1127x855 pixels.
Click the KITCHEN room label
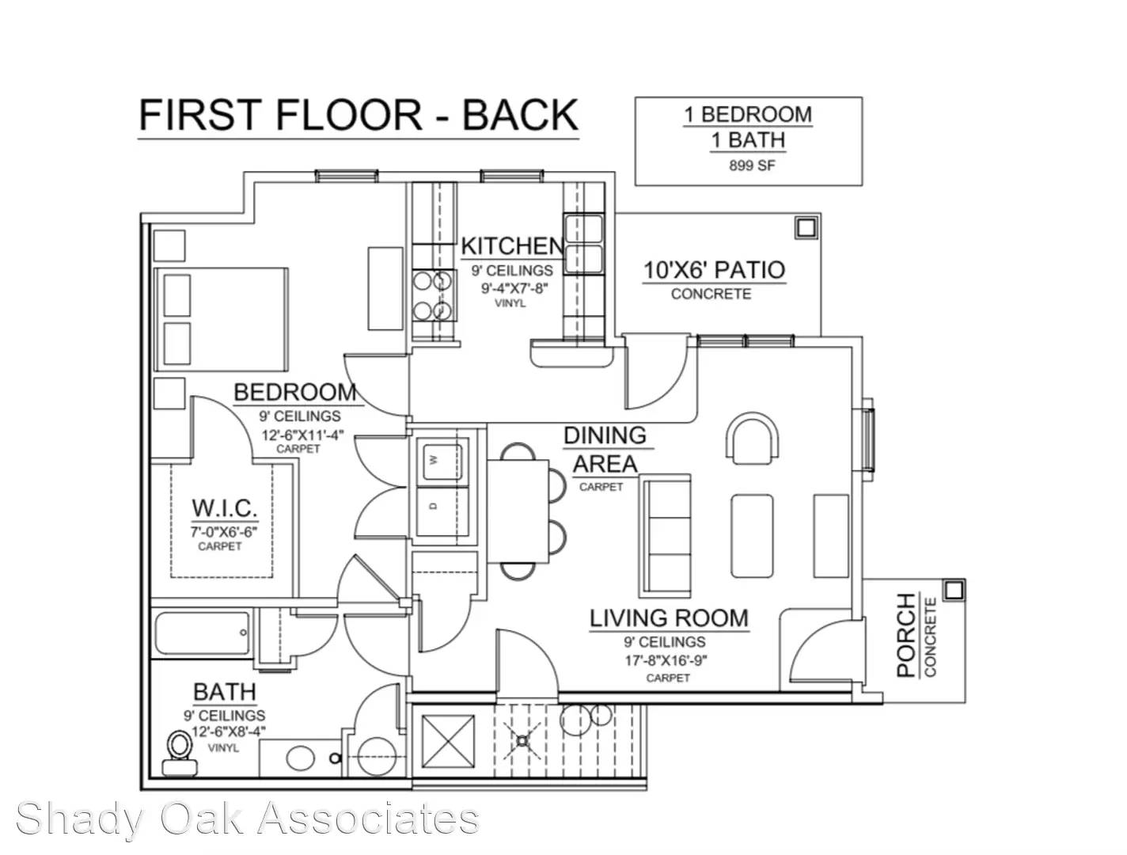(512, 246)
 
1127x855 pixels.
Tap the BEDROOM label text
(295, 393)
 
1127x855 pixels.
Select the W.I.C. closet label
(225, 508)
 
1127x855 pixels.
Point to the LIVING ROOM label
(669, 617)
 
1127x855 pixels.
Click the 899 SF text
(752, 166)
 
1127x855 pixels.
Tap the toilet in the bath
(179, 752)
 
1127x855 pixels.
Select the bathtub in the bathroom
(203, 633)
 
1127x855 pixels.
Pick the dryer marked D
(442, 511)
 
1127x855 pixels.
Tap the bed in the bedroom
(222, 319)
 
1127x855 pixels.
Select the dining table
(518, 511)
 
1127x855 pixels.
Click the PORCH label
(906, 635)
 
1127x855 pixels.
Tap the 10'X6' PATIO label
(714, 270)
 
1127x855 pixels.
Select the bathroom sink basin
(300, 758)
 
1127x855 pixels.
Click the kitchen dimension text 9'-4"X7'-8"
(514, 288)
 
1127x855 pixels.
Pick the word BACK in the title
(520, 115)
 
